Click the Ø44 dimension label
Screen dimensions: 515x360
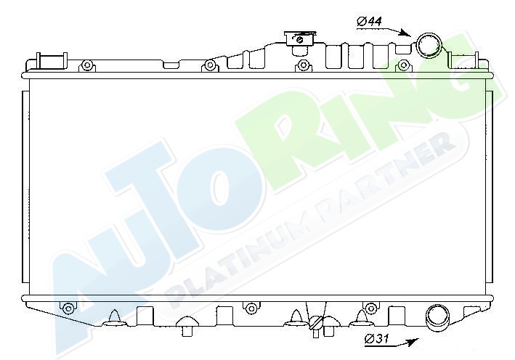point(369,21)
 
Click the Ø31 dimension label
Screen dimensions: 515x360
point(376,338)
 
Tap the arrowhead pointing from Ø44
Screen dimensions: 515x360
point(405,33)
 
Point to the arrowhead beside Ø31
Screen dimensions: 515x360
point(413,343)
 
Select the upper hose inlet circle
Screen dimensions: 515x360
point(429,46)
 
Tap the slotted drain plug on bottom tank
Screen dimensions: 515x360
point(315,322)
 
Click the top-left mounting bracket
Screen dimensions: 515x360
point(52,60)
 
